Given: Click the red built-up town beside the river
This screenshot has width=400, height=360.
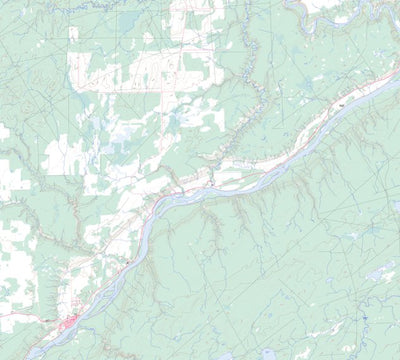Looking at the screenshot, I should point(70,322).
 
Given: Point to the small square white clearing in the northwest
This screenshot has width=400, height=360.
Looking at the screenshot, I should point(73,34).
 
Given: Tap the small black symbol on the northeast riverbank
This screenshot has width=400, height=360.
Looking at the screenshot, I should point(340,104).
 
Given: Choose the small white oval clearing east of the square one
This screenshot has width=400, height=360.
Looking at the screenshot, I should point(148,37).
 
